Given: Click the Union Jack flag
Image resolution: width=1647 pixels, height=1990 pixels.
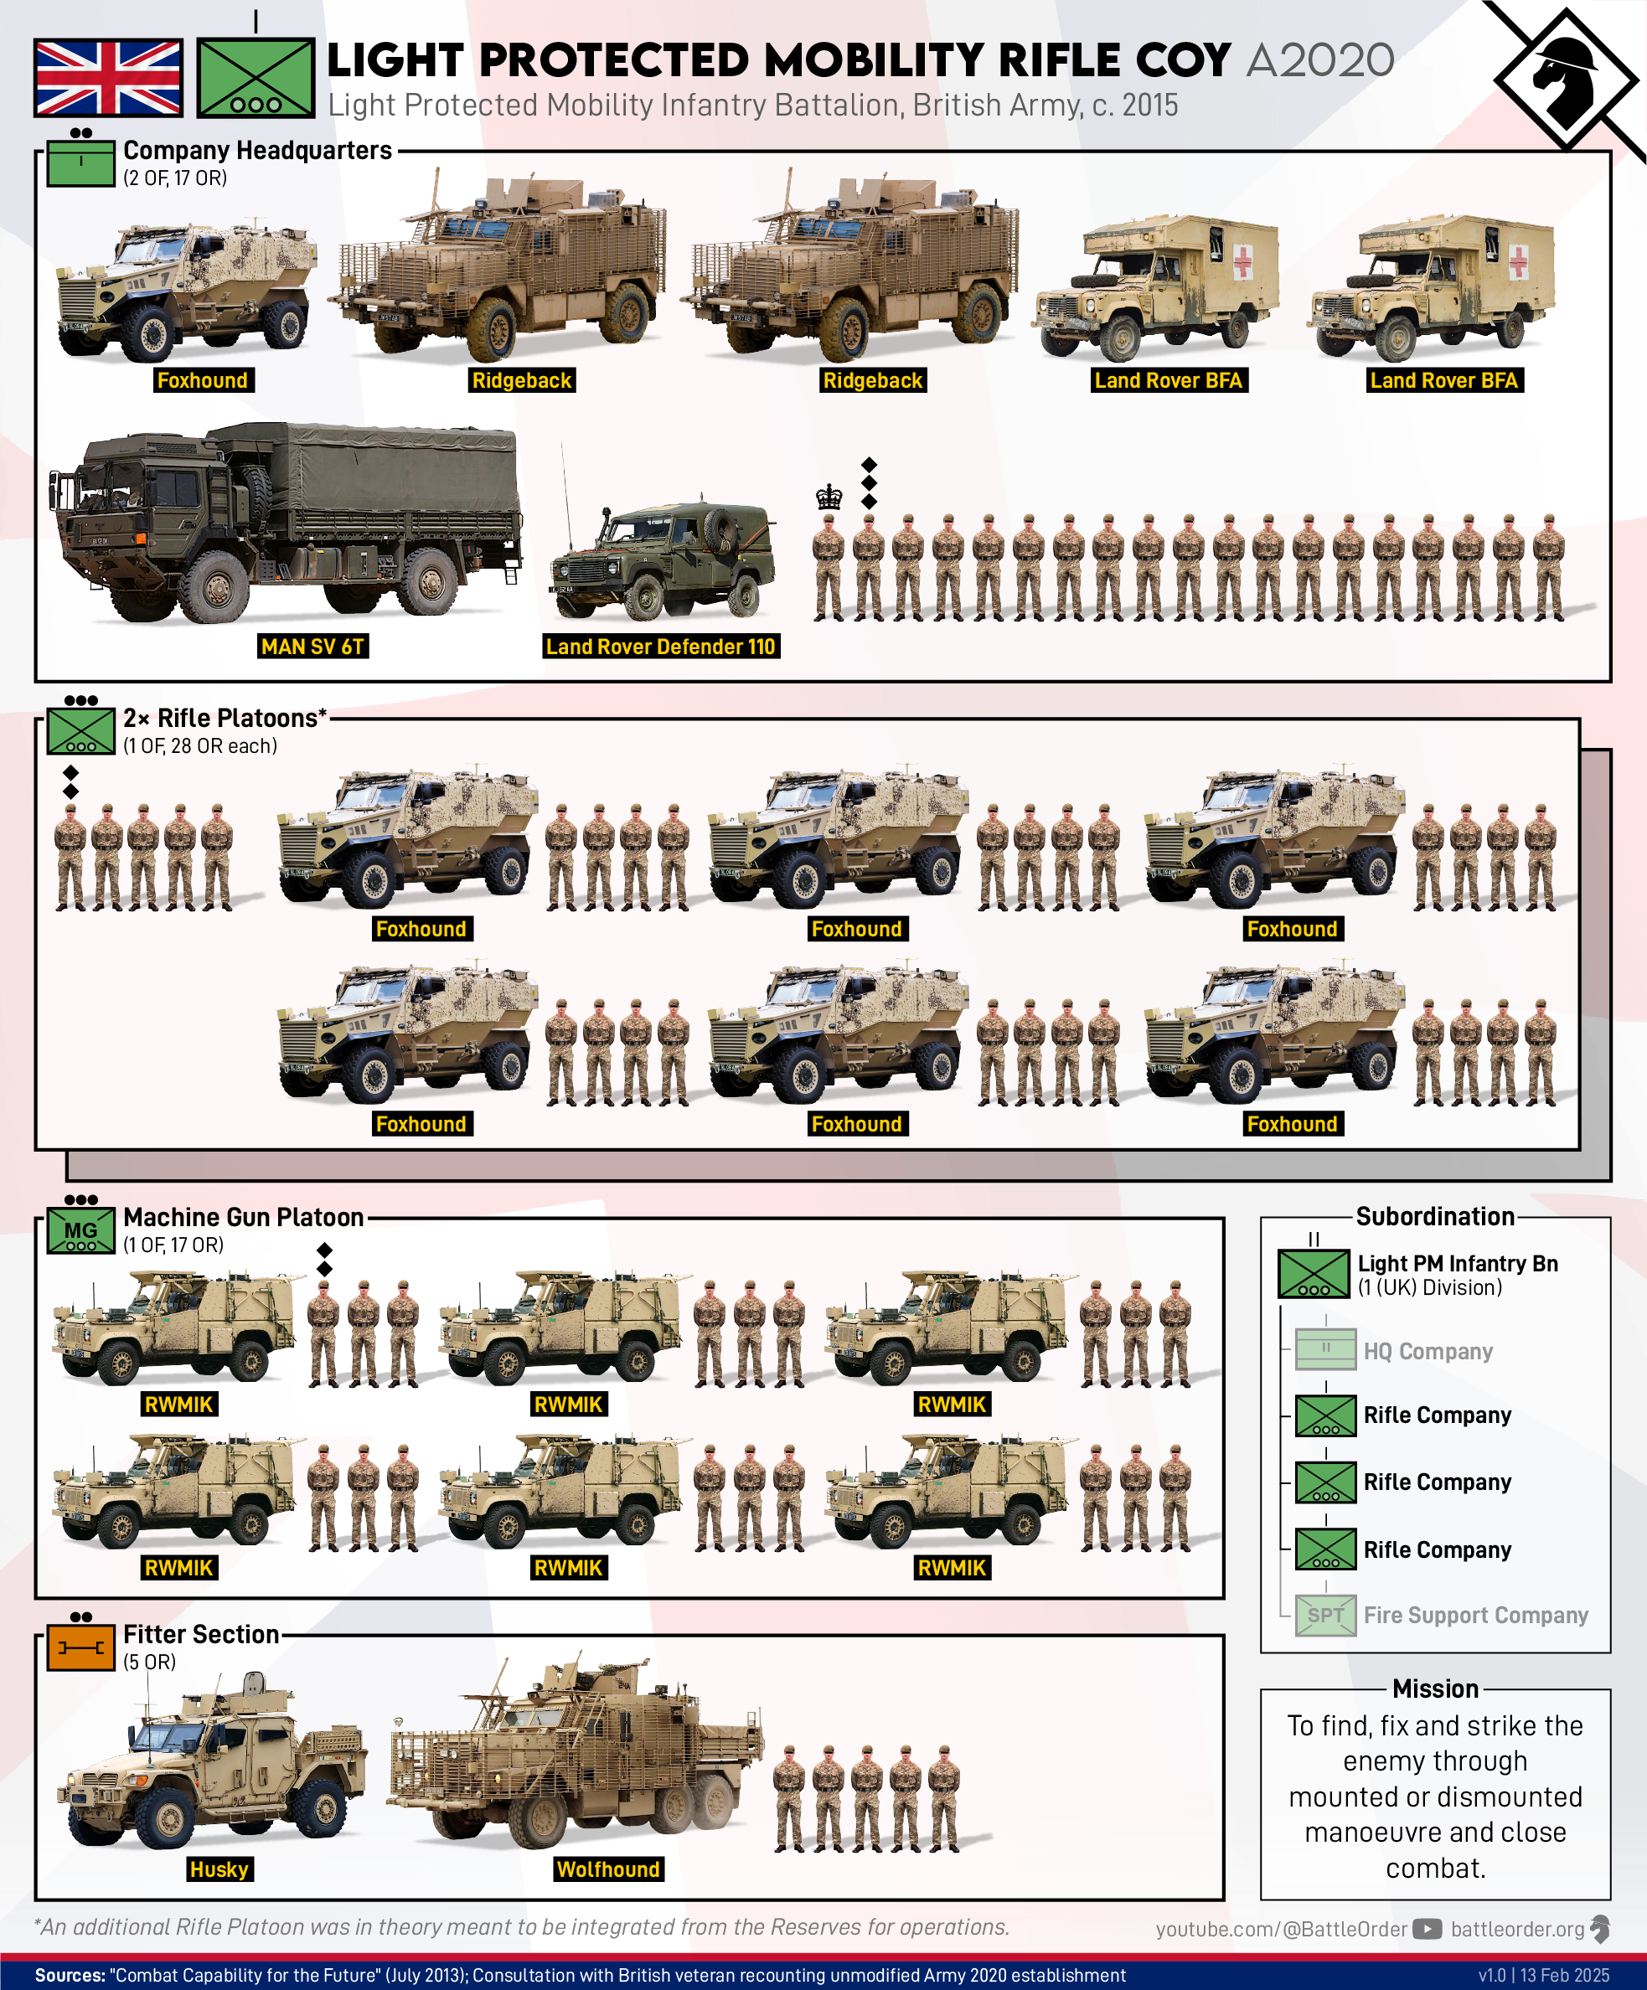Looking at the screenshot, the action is click(x=108, y=78).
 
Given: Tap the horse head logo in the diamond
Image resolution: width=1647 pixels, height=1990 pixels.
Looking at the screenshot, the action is click(x=1566, y=80).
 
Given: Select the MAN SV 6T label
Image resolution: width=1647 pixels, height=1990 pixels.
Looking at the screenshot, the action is click(x=312, y=647).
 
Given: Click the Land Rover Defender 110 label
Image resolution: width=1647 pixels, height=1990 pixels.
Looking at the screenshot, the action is click(x=660, y=647).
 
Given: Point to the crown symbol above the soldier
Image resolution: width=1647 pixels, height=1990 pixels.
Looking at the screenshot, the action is click(x=829, y=497).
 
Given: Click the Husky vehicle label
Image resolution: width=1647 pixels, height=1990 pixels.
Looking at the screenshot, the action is click(x=219, y=1869).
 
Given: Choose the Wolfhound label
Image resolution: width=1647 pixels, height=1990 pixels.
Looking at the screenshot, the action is click(x=608, y=1869).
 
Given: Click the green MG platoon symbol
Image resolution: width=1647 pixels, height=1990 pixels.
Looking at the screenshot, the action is click(x=81, y=1232).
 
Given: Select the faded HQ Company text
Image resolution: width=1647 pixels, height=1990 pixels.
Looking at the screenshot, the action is click(x=1428, y=1351).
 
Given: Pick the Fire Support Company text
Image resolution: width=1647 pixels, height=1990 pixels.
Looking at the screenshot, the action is click(x=1475, y=1615).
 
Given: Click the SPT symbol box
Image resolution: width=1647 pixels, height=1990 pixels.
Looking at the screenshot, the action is click(x=1326, y=1615).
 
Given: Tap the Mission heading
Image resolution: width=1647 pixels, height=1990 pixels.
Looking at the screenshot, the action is click(x=1436, y=1688).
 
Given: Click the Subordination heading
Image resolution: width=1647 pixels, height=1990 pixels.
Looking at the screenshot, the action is click(x=1436, y=1217).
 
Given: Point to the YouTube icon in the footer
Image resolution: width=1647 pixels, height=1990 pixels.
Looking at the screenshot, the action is click(x=1428, y=1928).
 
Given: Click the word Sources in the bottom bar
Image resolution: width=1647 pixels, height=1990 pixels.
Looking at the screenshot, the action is click(x=70, y=1975).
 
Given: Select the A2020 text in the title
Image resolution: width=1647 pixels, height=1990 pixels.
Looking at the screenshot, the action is click(x=1320, y=60).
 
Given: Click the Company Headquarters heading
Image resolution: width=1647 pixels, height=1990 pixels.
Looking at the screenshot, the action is click(x=258, y=151).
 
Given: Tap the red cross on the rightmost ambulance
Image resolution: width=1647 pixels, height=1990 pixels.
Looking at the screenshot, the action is click(x=1518, y=260).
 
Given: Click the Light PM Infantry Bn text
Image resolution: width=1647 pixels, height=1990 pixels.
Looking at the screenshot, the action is click(x=1458, y=1263).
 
